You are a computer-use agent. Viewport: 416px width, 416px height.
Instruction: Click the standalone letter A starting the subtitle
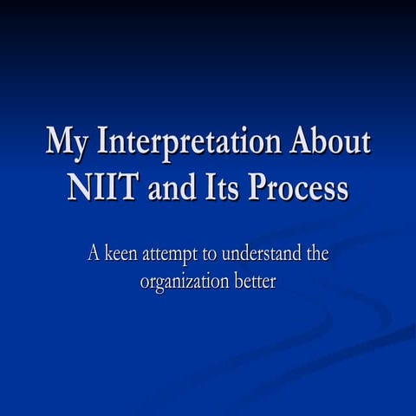click(94, 255)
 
